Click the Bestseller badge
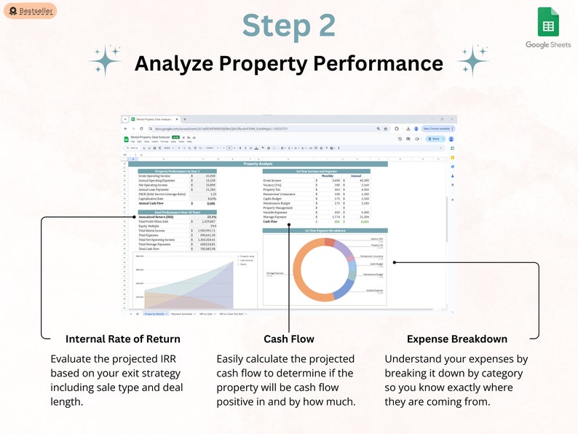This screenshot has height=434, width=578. (x=30, y=11)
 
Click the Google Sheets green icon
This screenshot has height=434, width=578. (x=547, y=23)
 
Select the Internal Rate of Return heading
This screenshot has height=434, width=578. (x=122, y=339)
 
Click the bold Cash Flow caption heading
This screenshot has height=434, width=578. (x=289, y=339)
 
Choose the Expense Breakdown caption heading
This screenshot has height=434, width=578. (x=456, y=339)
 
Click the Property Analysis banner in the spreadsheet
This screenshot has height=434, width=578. (x=258, y=164)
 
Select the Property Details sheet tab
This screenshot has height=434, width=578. (x=154, y=313)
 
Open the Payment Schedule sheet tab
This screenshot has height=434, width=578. (x=183, y=313)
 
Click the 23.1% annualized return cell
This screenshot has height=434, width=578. (x=211, y=217)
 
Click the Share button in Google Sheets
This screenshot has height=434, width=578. (x=435, y=138)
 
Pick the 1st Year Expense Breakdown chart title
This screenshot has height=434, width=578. (x=317, y=230)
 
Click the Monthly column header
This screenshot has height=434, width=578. (x=328, y=175)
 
